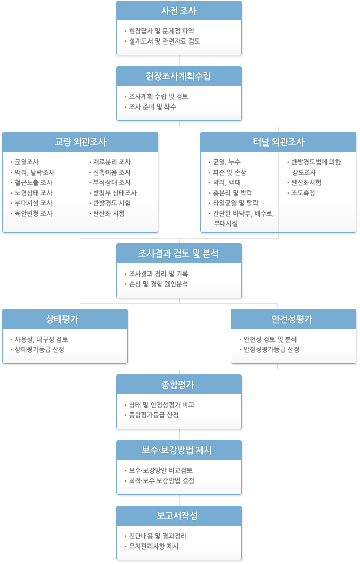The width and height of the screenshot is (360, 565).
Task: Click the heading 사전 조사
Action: click(x=179, y=11)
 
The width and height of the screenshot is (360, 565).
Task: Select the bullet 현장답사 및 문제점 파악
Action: click(x=161, y=31)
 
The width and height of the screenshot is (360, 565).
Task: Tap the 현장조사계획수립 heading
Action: click(x=178, y=76)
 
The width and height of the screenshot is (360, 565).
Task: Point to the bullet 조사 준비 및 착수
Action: click(x=153, y=107)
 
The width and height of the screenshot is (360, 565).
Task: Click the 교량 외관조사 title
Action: click(x=80, y=142)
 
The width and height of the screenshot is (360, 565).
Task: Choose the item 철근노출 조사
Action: click(x=33, y=183)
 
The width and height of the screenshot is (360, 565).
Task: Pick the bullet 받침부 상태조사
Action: click(x=115, y=193)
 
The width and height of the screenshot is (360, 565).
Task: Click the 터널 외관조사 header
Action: click(x=279, y=142)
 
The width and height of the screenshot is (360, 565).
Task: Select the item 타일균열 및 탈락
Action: click(x=236, y=203)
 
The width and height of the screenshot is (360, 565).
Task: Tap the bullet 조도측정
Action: click(x=303, y=193)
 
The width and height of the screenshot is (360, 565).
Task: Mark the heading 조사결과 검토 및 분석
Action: click(x=178, y=254)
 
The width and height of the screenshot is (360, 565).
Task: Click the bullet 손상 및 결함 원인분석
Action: click(x=159, y=284)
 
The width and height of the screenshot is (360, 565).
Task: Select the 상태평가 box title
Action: click(x=62, y=319)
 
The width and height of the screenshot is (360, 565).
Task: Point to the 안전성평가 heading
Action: click(x=292, y=319)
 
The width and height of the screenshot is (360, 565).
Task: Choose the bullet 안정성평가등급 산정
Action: click(x=271, y=349)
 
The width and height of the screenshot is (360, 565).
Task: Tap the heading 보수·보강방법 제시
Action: click(x=177, y=450)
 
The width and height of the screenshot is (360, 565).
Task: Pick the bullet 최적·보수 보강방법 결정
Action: click(x=161, y=480)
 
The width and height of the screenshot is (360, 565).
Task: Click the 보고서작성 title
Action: click(x=177, y=516)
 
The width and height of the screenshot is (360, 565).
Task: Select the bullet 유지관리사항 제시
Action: click(x=154, y=546)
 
